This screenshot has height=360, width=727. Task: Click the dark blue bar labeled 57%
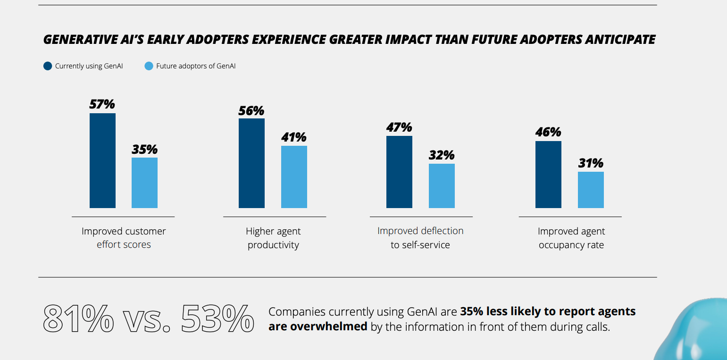pos(102,160)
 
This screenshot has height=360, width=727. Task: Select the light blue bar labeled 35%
pos(144,183)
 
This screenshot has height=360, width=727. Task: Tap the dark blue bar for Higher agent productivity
pos(251,163)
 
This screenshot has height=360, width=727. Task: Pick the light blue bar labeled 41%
pos(294,177)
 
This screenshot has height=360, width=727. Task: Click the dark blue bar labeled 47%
pos(399,172)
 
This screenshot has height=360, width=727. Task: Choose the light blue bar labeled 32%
pos(442,186)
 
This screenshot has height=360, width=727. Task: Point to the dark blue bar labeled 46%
pos(548,175)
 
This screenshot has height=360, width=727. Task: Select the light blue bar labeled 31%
pos(591,190)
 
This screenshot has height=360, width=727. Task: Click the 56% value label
pos(251,111)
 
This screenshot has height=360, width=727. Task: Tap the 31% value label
pos(591,163)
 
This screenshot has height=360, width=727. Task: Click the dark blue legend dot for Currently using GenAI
pos(48,66)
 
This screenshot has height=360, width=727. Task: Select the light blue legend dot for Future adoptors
pos(149,66)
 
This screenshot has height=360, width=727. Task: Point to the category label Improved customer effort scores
pos(124,238)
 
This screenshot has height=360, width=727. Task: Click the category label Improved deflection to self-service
pos(420,238)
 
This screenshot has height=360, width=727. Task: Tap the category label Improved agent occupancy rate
pos(571,238)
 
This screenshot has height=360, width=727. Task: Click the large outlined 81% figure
pos(78,319)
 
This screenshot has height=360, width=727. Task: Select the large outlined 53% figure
pos(217,319)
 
